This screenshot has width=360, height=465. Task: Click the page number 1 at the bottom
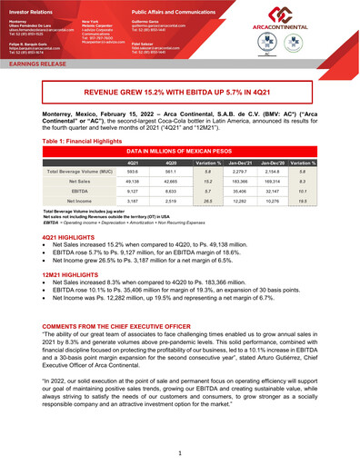tap(180, 453)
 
